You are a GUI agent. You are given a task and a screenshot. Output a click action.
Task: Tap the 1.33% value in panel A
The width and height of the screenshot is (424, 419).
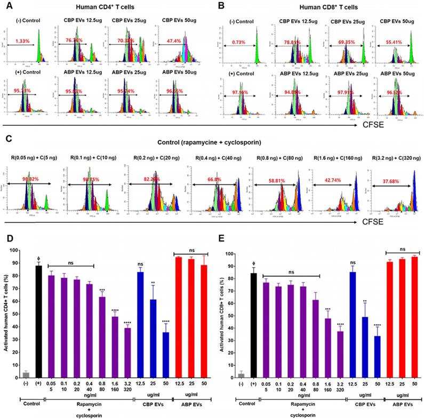click(23, 41)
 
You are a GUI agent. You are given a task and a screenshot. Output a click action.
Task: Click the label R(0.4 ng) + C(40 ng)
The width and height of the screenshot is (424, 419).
click(212, 158)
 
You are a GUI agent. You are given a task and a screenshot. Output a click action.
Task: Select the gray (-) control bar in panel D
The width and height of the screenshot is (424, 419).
click(26, 375)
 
